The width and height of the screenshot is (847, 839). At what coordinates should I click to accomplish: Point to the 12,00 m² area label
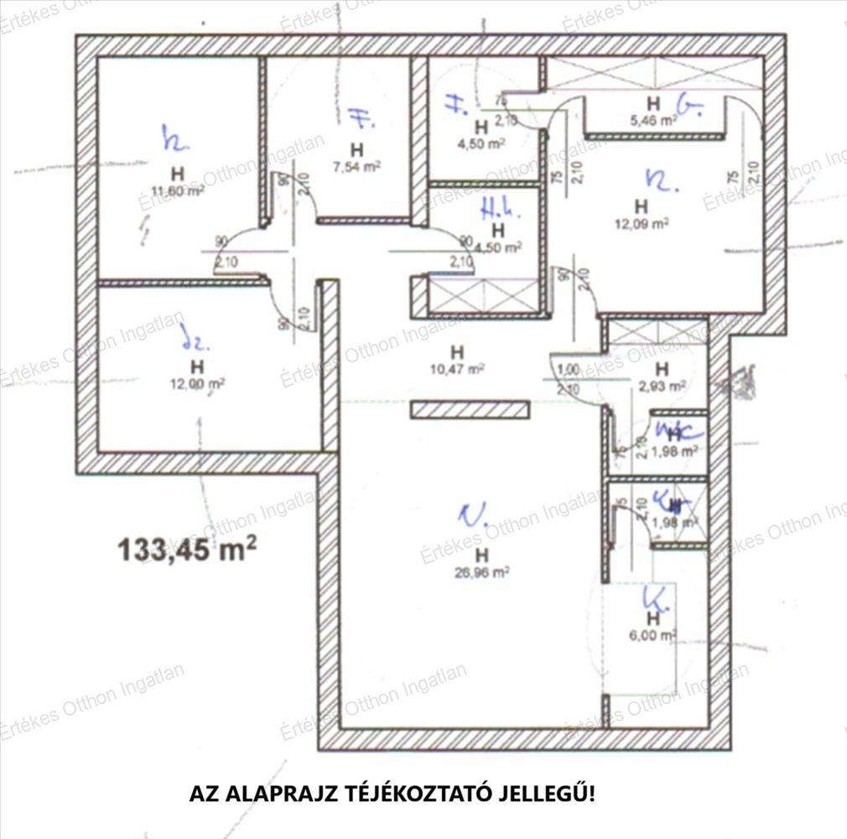tap(197, 383)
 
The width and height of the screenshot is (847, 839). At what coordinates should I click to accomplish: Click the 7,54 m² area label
tap(357, 166)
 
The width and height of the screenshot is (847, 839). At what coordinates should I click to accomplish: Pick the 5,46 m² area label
tap(655, 120)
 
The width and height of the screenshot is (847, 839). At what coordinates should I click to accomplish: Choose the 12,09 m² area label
tap(642, 223)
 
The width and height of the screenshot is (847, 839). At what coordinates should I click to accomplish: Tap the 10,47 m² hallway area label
tap(457, 367)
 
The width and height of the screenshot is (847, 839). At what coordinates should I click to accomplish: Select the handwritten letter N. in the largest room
tap(472, 515)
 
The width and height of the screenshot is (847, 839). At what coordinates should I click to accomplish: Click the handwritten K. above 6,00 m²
tap(654, 599)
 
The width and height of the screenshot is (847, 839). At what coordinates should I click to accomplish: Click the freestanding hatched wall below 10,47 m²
tap(470, 409)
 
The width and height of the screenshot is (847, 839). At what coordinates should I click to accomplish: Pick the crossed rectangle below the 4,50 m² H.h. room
tap(484, 294)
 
